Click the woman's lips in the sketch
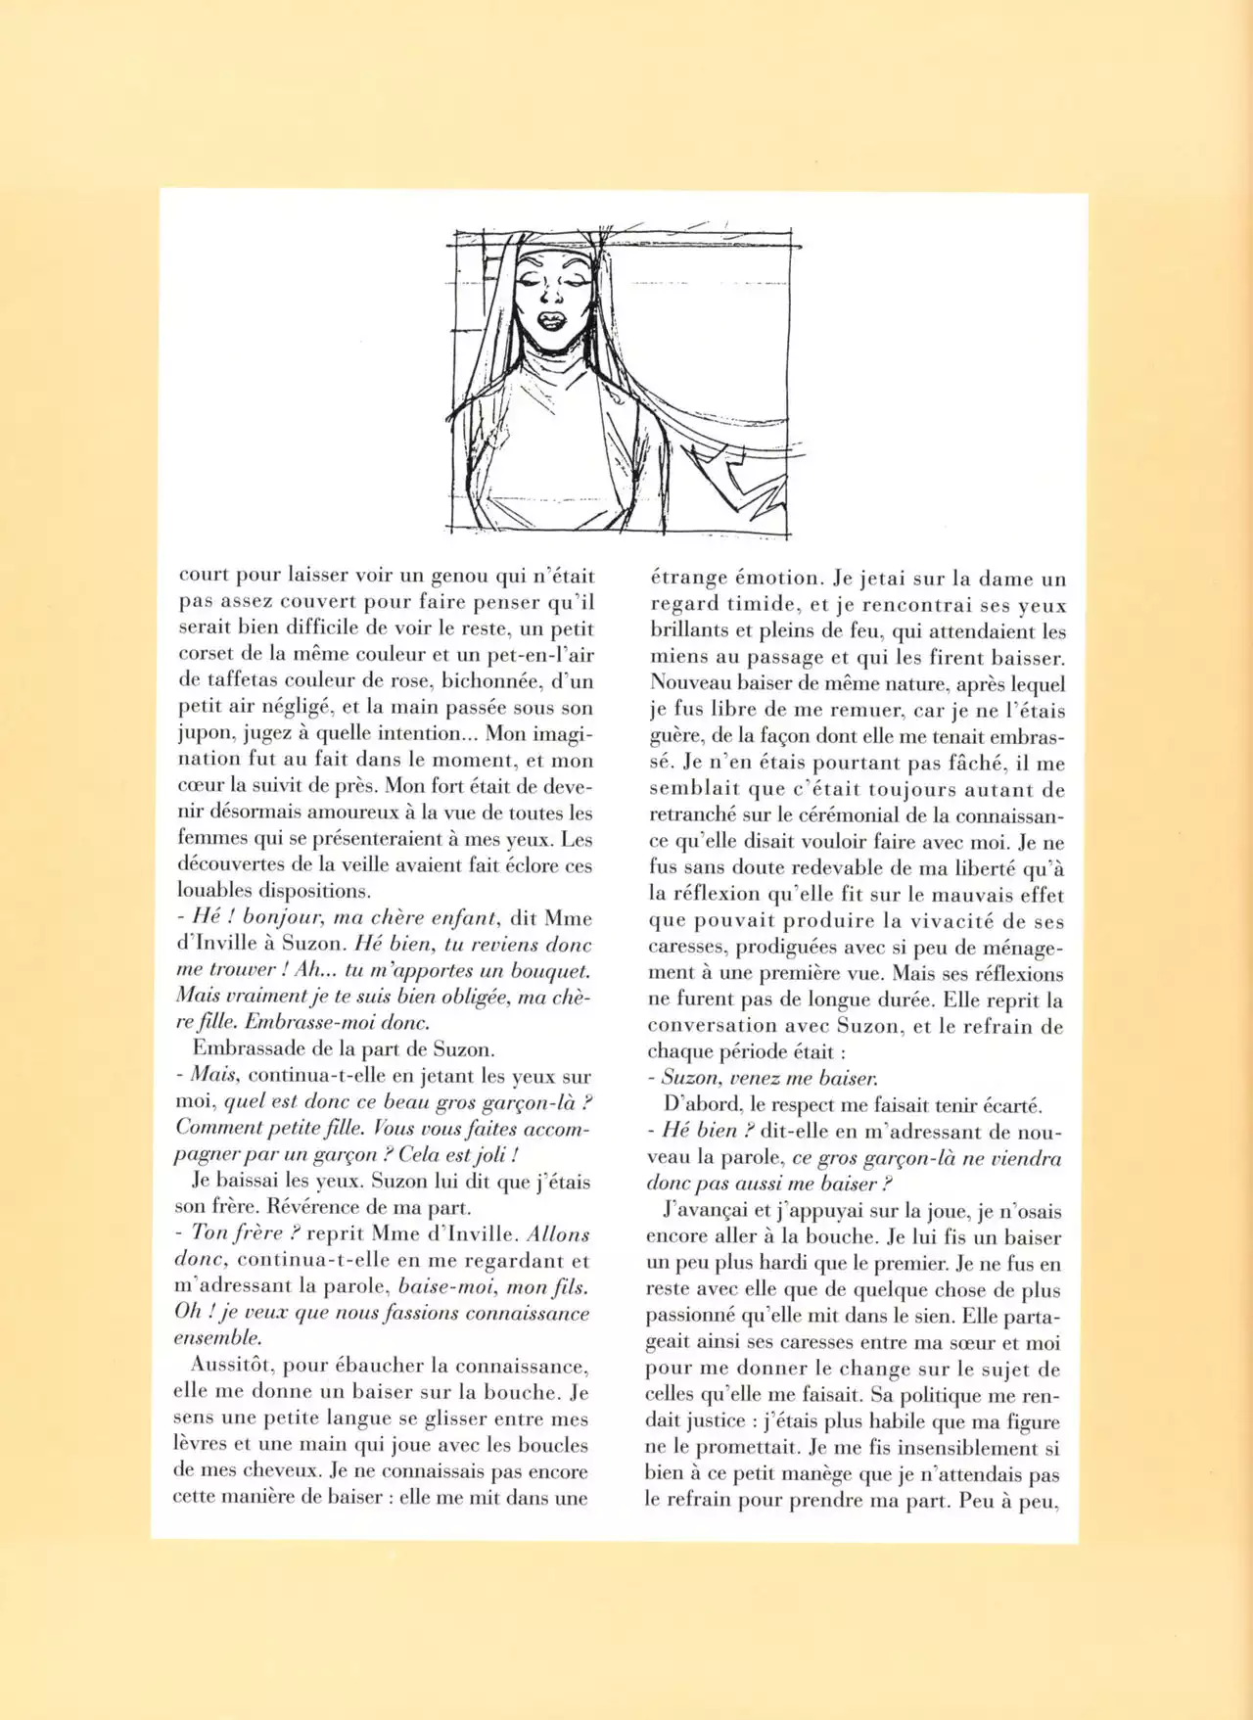click(x=550, y=320)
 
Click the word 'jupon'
click(x=205, y=734)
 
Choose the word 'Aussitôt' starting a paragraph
click(x=231, y=1366)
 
